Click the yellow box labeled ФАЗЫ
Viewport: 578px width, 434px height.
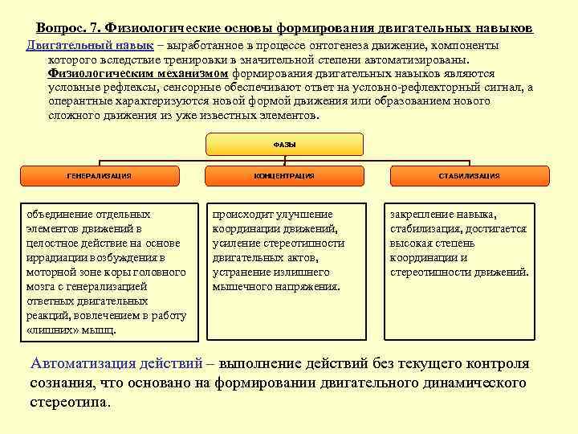285,144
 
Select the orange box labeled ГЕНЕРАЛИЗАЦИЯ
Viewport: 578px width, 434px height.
100,175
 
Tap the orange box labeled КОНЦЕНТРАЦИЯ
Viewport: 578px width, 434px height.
284,175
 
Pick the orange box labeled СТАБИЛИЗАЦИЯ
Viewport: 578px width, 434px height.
470,175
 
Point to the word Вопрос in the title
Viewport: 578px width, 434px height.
61,28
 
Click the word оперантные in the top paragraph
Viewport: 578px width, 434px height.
80,101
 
